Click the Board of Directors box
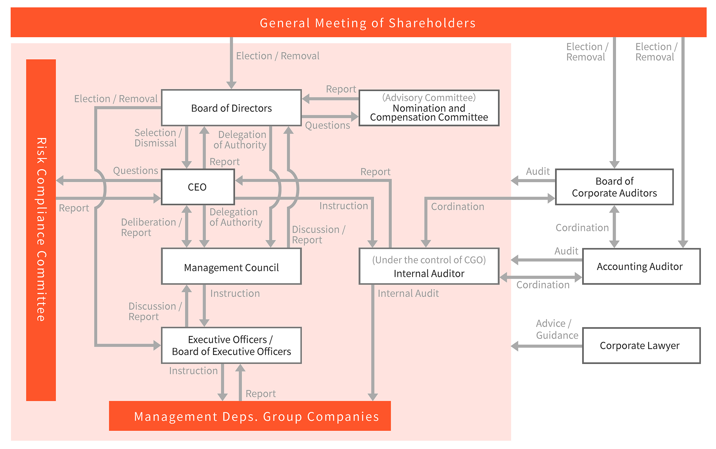coord(231,108)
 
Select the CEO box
coord(198,187)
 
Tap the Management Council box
coord(231,267)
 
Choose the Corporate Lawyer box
coord(641,345)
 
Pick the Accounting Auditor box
coord(641,266)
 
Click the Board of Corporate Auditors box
coord(614,187)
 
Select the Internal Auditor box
coord(429,266)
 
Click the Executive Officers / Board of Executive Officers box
coord(231,345)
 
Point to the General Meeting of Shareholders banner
coord(358,23)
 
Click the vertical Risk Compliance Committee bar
coord(41,230)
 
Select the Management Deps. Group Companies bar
coord(250,416)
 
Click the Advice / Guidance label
coord(556,329)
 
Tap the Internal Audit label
coord(408,293)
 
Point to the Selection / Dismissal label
coord(158,138)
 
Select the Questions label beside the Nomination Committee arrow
coord(327,126)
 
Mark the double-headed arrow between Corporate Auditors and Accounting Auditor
coord(614,226)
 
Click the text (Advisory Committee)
coord(429,98)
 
